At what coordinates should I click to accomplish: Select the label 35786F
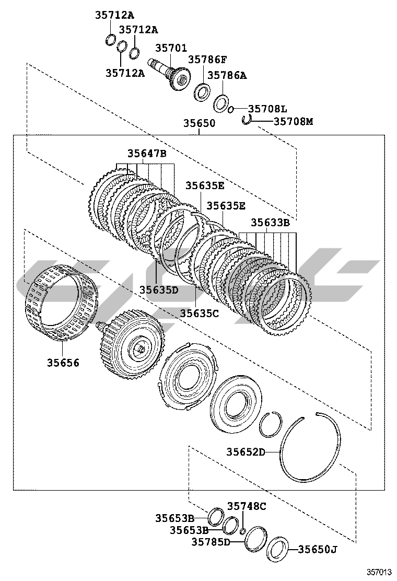(207, 60)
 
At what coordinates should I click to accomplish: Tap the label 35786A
(227, 75)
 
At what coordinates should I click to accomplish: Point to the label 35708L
(267, 109)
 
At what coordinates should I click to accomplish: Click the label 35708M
(293, 121)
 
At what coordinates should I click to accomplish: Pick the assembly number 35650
(199, 123)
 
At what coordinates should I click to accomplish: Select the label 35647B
(147, 153)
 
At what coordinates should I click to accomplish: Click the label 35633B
(270, 222)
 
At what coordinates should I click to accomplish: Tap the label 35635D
(159, 288)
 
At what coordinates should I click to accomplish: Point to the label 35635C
(200, 313)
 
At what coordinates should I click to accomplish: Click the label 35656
(63, 362)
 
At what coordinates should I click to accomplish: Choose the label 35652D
(246, 452)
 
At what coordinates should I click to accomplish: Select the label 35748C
(247, 506)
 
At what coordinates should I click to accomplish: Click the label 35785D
(211, 542)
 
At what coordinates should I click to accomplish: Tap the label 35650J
(318, 549)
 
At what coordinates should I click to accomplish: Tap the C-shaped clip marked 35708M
(247, 120)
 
